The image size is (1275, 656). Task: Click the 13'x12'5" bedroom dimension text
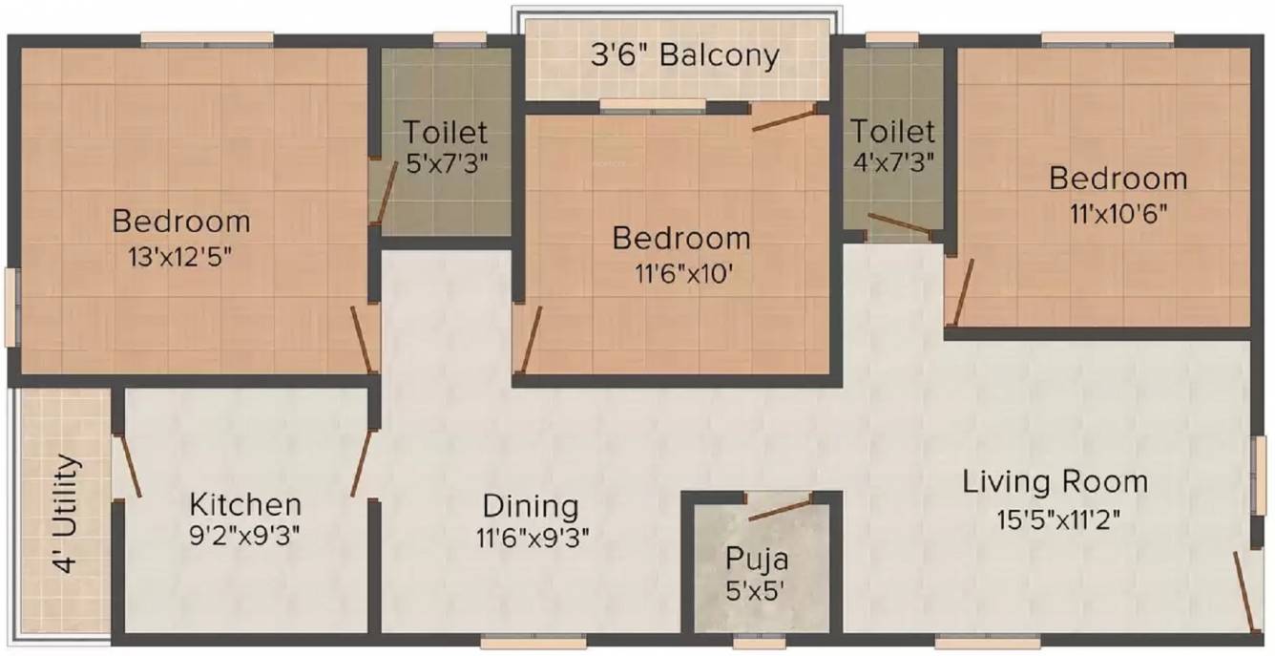(x=180, y=258)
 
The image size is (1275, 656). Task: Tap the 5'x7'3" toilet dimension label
(x=448, y=164)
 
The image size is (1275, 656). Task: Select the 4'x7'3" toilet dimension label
(x=893, y=163)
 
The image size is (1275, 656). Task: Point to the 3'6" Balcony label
(x=685, y=55)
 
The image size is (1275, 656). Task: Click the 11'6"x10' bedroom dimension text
(x=683, y=274)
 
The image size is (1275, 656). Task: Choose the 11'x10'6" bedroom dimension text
(x=1118, y=215)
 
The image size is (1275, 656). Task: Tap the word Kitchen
(x=245, y=504)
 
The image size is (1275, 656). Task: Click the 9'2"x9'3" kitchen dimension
(x=244, y=536)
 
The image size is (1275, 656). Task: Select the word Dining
(x=531, y=507)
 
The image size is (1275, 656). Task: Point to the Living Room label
(x=1055, y=482)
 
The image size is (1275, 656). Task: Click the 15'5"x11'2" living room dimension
(x=1058, y=519)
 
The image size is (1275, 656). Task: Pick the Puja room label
(x=757, y=559)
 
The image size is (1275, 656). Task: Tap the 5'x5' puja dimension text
(x=755, y=590)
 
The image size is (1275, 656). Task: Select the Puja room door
(x=780, y=509)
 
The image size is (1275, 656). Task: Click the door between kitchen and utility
(x=129, y=466)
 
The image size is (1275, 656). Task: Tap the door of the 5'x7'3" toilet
(x=385, y=192)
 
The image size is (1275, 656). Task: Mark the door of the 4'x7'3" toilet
(x=900, y=223)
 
